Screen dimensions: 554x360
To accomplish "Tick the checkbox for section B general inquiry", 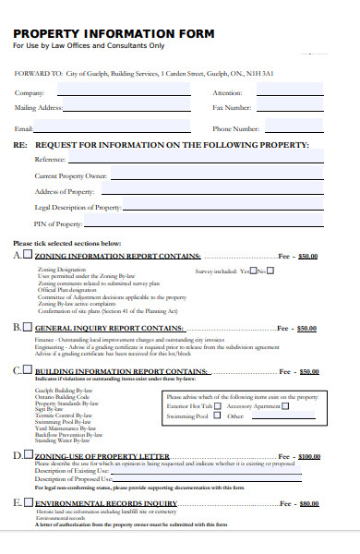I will [28, 327].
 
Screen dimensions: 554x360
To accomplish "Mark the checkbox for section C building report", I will [28, 370].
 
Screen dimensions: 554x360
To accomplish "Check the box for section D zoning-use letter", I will [28, 455].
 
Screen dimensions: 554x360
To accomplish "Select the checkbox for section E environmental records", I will [28, 502].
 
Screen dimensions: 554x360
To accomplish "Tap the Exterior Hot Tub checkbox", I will [218, 405].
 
